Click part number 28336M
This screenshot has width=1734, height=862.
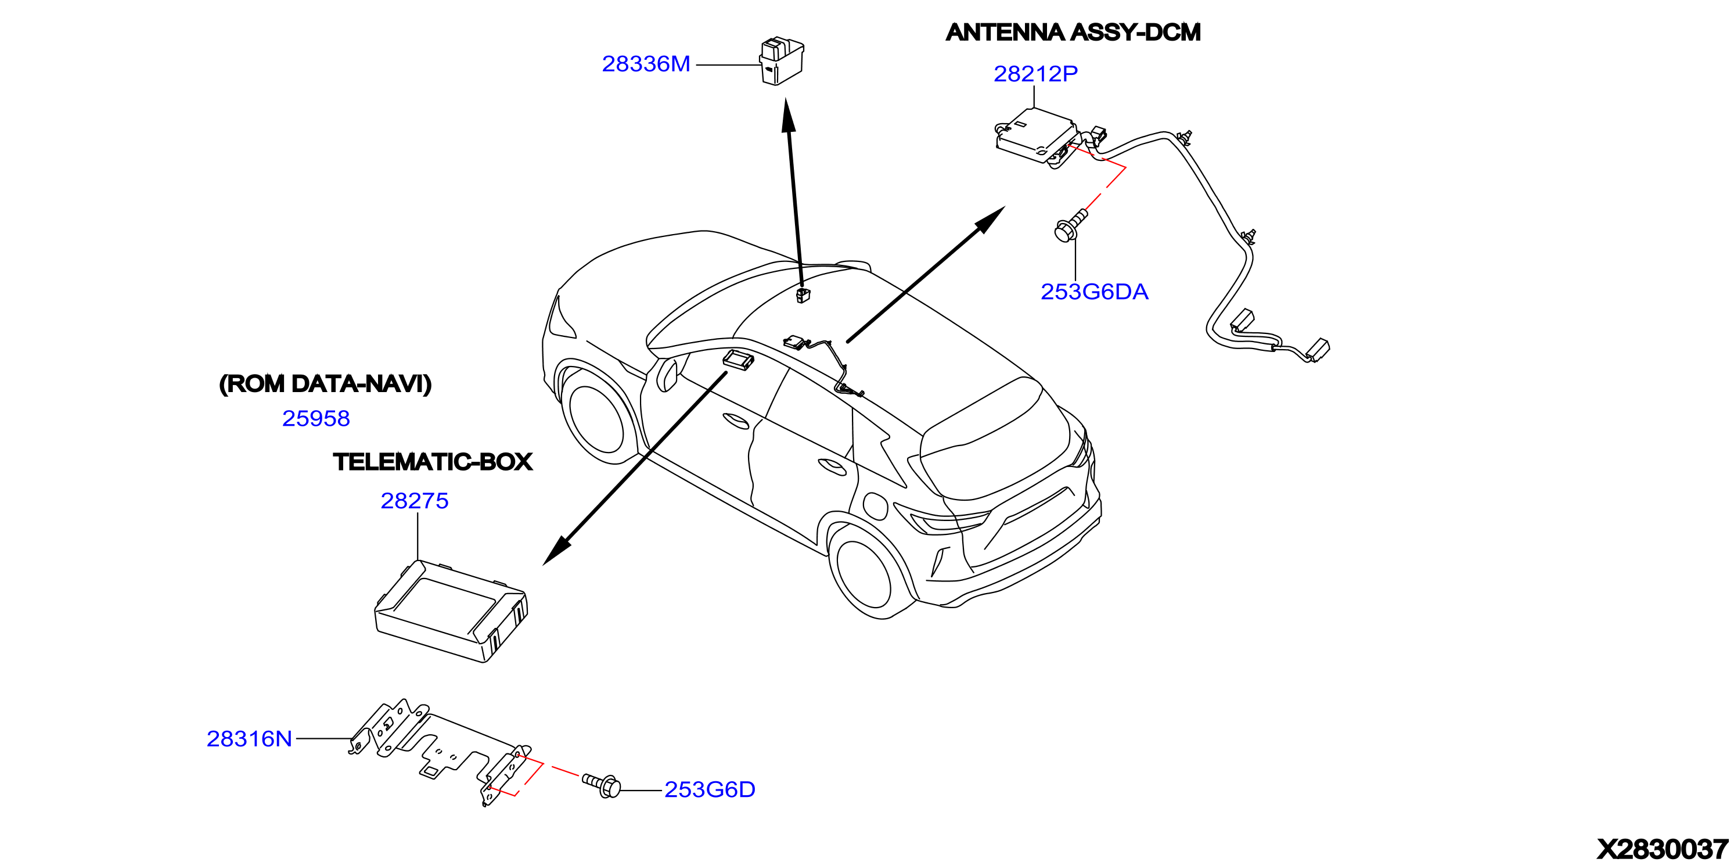coord(646,64)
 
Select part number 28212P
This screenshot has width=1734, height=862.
coord(1035,73)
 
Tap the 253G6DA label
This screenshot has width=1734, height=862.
coord(1095,292)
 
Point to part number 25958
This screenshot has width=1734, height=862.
coord(316,418)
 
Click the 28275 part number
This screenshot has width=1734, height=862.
coord(415,500)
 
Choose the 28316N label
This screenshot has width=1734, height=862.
coord(249,739)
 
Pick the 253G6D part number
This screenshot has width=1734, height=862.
coord(710,789)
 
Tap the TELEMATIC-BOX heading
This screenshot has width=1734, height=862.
coord(432,462)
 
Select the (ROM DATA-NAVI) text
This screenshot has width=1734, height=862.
coord(325,384)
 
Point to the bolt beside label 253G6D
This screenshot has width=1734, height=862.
coord(600,785)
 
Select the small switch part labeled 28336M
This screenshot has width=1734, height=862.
coord(782,62)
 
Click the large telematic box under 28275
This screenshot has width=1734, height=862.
coord(451,611)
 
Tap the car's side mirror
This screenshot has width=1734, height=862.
coord(667,375)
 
